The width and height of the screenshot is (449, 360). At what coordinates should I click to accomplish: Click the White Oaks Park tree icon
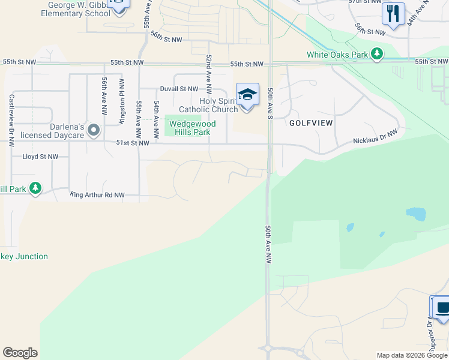click(377, 54)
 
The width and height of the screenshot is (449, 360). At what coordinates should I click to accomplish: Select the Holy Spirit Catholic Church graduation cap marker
click(247, 94)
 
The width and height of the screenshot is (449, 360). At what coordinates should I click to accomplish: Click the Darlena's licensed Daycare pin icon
click(93, 130)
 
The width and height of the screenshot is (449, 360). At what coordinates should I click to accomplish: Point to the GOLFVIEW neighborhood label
click(311, 122)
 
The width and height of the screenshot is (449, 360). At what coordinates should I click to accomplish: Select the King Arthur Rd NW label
click(97, 194)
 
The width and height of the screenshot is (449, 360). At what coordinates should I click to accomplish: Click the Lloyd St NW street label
click(40, 156)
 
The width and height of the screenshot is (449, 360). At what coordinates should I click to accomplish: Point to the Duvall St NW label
click(179, 89)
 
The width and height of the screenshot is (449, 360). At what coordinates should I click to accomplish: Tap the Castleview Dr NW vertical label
click(11, 120)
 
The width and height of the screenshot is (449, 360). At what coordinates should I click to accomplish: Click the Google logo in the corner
click(20, 353)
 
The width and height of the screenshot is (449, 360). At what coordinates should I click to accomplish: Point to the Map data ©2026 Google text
click(411, 355)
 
